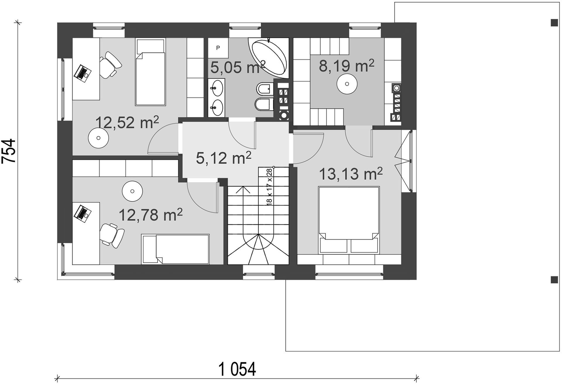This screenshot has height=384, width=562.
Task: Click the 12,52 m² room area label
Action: [127, 122]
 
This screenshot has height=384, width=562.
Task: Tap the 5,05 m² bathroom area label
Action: [238, 67]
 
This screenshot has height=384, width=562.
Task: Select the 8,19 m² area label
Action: [346, 66]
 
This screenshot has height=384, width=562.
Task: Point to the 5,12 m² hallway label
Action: [223, 158]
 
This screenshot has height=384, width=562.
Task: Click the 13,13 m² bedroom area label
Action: [351, 174]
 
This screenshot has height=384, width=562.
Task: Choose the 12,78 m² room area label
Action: [150, 215]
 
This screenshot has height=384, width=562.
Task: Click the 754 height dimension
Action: [8, 151]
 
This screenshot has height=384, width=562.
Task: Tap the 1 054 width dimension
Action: [237, 369]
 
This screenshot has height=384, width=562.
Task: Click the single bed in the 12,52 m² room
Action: [150, 72]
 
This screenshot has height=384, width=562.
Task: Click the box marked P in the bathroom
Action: [218, 48]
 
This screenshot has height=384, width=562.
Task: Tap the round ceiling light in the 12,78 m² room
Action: [132, 191]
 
